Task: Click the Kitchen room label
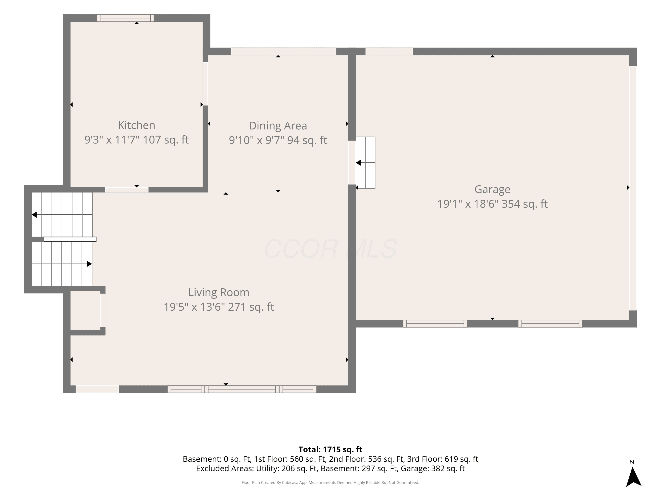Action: [x=137, y=125]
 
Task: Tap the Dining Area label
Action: [x=278, y=126]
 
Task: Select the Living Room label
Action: [x=219, y=292]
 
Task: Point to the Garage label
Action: [x=492, y=189]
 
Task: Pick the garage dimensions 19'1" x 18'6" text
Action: [x=468, y=204]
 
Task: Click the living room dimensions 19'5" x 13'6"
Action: [x=194, y=307]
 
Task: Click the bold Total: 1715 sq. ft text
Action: [x=330, y=449]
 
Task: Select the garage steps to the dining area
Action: [x=366, y=163]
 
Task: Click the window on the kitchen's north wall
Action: [x=125, y=18]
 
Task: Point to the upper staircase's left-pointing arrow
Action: [x=62, y=215]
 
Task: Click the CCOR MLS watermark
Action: [x=330, y=248]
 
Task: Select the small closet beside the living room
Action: [x=85, y=310]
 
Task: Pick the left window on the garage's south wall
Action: [x=435, y=323]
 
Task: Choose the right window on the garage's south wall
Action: [x=550, y=323]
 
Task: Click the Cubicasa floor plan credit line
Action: [x=330, y=483]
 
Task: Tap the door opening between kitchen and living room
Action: [x=127, y=190]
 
